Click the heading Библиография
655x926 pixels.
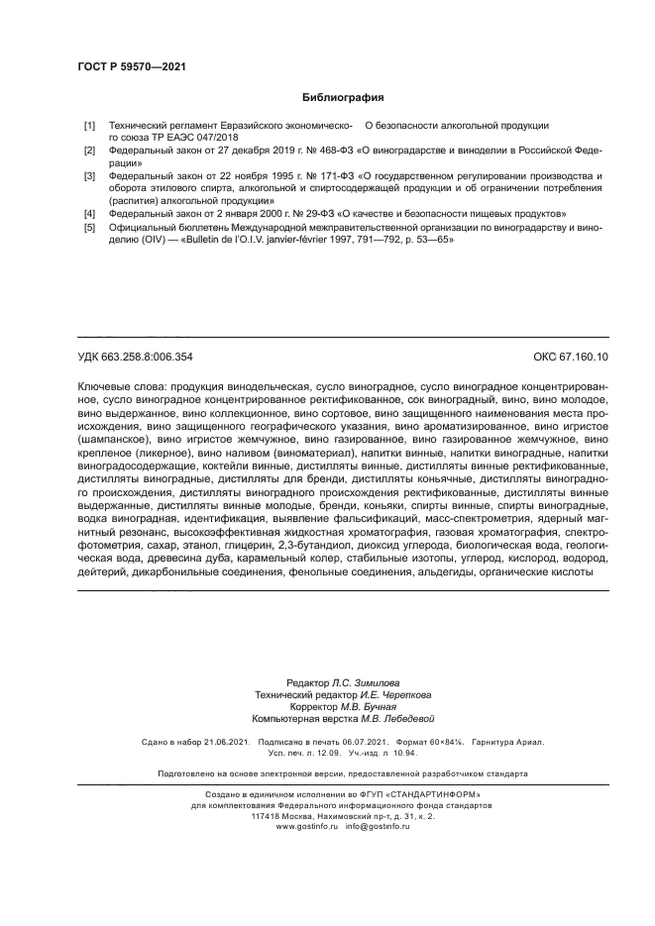tap(342, 97)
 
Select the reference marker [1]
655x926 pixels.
tap(89, 126)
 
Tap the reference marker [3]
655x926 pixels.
tap(89, 175)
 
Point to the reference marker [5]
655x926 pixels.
tap(89, 228)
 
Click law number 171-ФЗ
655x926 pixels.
tap(321, 175)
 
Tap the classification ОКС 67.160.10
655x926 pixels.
tap(572, 356)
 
